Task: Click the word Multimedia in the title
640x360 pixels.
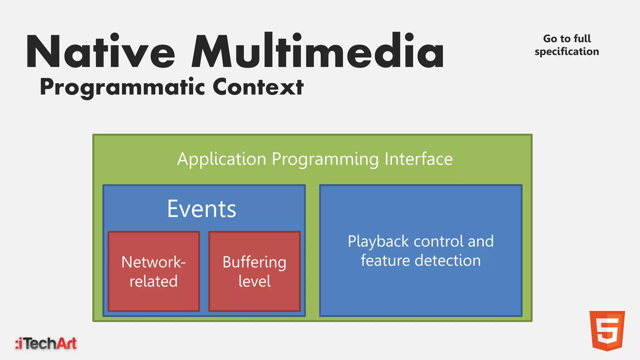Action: [x=317, y=52]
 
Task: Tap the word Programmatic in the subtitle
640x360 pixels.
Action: [x=122, y=87]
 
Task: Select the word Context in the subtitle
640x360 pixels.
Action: [x=258, y=87]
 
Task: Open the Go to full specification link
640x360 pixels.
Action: [x=567, y=45]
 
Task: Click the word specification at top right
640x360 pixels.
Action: [x=567, y=52]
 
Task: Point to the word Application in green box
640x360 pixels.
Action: [x=222, y=159]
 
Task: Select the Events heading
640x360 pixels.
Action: [x=202, y=209]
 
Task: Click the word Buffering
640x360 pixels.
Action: [x=254, y=262]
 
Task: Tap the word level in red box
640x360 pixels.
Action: [x=254, y=281]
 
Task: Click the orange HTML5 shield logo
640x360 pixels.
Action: [x=607, y=330]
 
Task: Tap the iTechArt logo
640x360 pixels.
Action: [x=46, y=343]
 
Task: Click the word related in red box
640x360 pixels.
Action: [x=153, y=281]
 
